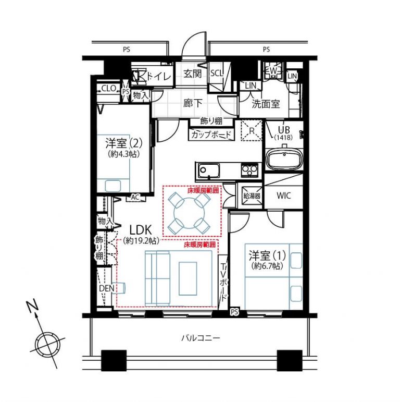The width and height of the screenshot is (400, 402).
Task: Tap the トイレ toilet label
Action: pos(158,76)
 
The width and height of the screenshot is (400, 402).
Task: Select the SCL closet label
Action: pos(216,74)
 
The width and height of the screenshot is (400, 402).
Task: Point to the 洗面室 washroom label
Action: pos(266,103)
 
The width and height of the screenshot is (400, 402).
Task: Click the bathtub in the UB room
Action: pos(283,160)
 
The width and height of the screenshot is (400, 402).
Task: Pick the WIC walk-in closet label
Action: pos(284,196)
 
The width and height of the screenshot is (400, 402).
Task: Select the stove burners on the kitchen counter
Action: pos(249,170)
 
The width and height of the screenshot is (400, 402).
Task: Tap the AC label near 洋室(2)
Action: pos(135,198)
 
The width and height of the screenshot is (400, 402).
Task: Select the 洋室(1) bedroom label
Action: pos(267,256)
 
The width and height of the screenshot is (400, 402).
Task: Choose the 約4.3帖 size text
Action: pos(121,154)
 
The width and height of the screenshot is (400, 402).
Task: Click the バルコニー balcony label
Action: pos(201,338)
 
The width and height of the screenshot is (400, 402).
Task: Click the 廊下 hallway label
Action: pos(193,103)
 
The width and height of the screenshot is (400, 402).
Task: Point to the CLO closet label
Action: pos(108,89)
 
